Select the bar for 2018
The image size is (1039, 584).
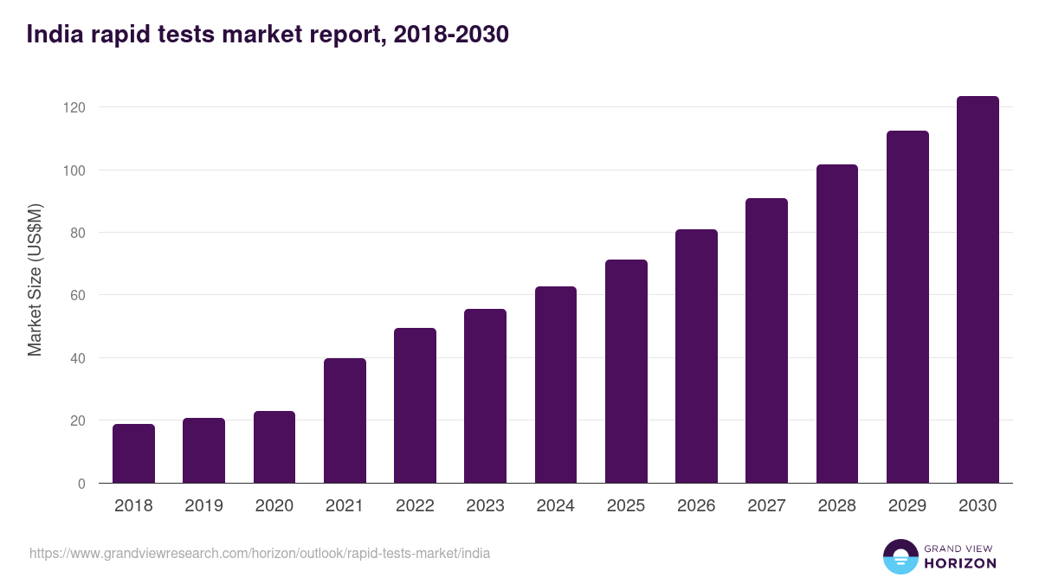pos(133,453)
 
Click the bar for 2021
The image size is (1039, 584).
pos(345,420)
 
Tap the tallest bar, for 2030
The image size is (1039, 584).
pos(978,290)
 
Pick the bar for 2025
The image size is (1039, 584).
pos(626,371)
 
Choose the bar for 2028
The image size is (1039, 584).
pos(837,324)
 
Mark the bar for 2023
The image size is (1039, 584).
pos(485,395)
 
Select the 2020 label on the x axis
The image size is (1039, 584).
pos(274,506)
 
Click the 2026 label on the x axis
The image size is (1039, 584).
pos(696,506)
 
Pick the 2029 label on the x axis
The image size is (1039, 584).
pos(907,506)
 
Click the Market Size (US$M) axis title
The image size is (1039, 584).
pos(35,279)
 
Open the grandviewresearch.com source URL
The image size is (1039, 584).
pos(260,553)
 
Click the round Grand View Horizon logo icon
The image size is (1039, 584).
pos(900,556)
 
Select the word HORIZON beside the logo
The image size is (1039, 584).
pos(960,563)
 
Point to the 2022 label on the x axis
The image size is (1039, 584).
pos(415,506)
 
